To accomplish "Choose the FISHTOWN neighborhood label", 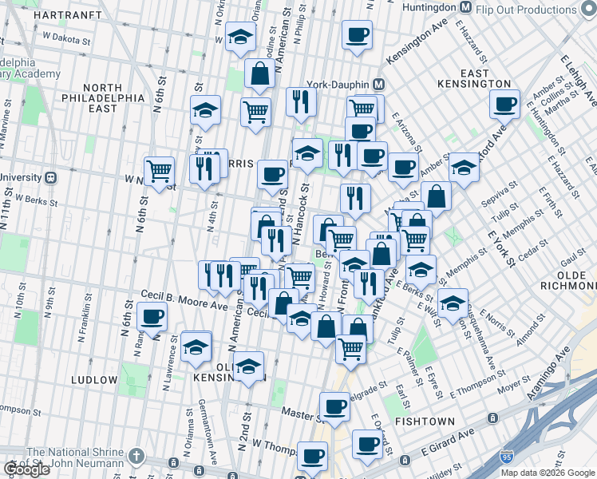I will pos(428,421).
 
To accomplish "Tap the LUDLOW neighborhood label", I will pos(94,379).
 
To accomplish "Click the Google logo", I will pos(26,469).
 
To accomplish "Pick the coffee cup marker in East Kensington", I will pos(504,104).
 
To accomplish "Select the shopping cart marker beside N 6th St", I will pos(160,171).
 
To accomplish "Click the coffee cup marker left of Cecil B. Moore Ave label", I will pos(152,315).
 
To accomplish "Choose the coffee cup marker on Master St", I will pos(335,406).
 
